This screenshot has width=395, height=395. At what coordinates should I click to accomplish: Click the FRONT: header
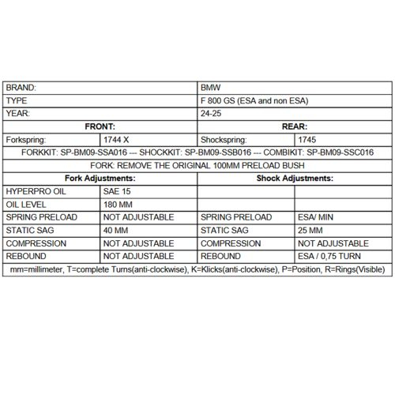click(x=101, y=126)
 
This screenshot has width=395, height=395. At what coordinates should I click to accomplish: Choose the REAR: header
click(x=293, y=126)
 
